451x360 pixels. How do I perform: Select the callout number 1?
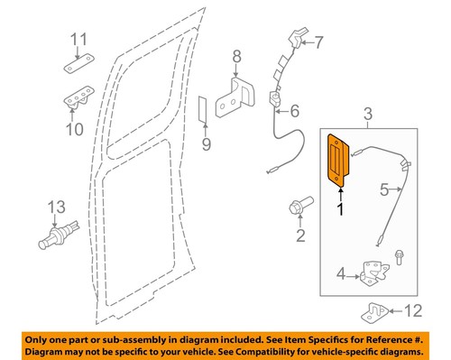click(341, 209)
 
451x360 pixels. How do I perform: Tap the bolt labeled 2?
click(297, 206)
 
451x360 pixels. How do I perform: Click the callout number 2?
click(300, 236)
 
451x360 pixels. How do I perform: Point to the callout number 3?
click(366, 113)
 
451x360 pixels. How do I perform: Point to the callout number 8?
click(236, 59)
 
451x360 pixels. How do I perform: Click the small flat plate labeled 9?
click(204, 109)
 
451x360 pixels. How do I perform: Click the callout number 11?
click(79, 41)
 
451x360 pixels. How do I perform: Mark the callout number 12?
click(410, 313)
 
